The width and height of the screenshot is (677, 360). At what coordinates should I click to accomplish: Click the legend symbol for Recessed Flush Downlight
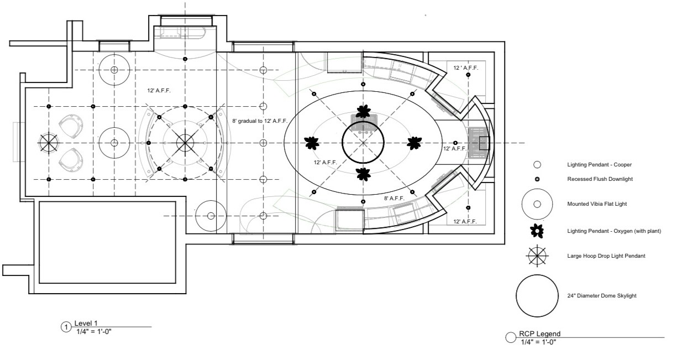point(536,179)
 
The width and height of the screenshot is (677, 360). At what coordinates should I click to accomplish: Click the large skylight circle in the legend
point(537,296)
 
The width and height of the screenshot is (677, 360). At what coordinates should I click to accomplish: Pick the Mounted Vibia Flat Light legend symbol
point(537,204)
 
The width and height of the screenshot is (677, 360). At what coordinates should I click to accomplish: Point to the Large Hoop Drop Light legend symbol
point(537,255)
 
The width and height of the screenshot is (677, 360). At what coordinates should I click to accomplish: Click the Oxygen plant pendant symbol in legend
point(537,230)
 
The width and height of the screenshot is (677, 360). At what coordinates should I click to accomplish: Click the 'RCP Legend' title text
point(539,333)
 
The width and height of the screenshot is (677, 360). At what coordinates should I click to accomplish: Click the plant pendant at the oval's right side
point(413,143)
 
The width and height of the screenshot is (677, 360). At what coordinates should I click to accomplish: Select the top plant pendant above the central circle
point(363,111)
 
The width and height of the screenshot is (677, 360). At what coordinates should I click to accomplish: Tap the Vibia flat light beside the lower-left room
point(211,216)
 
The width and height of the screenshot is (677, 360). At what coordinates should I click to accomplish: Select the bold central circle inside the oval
point(363,143)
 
